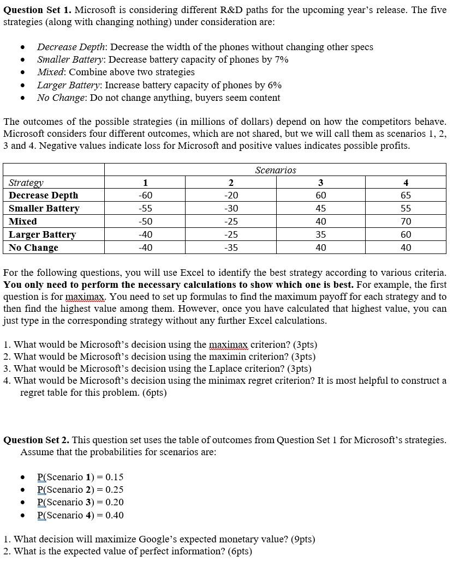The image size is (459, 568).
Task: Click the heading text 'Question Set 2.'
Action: point(37,440)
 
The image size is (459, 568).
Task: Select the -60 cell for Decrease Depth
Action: point(145,195)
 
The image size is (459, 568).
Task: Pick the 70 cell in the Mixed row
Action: point(406,221)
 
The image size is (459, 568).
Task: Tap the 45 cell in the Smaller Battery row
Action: point(321,208)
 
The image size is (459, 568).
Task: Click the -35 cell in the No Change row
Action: point(231,247)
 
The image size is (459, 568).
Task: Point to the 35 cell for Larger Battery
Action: point(321,234)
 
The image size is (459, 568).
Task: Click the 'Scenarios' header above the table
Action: point(275,170)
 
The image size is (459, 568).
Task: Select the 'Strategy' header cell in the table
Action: point(26,183)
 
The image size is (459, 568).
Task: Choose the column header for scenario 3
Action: point(321,183)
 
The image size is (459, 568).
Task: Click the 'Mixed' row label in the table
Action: point(23,221)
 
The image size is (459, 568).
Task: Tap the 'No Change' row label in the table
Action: point(33,247)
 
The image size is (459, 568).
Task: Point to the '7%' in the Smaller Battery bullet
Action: point(281,59)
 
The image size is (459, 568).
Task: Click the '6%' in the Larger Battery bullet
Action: point(274,85)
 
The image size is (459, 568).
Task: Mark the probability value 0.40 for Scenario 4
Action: point(115,515)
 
